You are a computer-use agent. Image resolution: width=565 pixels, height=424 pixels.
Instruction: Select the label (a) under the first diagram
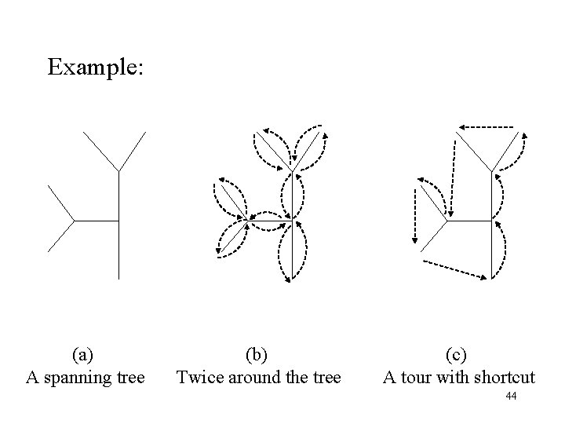click(x=85, y=354)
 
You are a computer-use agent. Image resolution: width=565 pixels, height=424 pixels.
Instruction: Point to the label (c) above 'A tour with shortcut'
click(x=458, y=354)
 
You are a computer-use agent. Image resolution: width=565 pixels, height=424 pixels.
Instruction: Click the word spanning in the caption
click(x=82, y=378)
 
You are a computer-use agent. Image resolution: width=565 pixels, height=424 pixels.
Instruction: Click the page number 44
click(x=510, y=397)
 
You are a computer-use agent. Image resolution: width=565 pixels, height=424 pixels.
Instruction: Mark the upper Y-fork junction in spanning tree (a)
click(x=118, y=170)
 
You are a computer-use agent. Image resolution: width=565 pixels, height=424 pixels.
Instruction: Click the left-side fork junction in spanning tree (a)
click(x=74, y=221)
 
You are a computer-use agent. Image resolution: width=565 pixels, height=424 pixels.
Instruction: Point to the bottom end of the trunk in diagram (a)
click(x=118, y=279)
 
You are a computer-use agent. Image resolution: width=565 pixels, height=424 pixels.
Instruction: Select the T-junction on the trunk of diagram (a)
click(x=118, y=221)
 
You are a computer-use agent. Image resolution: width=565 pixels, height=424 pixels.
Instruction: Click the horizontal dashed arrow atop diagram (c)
click(x=487, y=126)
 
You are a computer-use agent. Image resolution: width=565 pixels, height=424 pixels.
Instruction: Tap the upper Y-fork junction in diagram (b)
click(x=292, y=170)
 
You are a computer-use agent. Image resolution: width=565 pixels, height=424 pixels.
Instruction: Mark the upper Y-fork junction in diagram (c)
click(x=492, y=170)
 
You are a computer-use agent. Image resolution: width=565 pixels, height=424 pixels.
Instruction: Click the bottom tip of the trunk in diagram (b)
click(x=292, y=280)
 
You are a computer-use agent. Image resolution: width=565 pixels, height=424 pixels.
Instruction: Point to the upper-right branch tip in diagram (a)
click(x=147, y=132)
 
